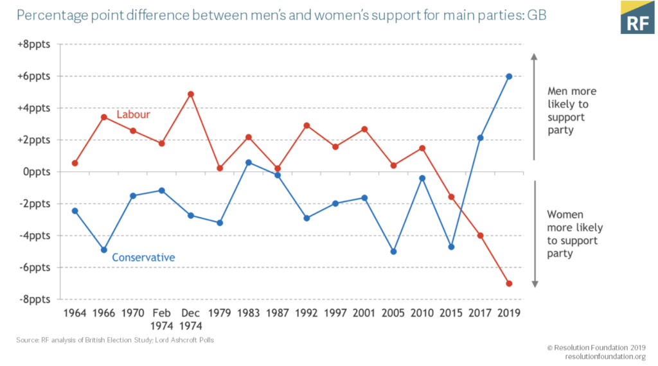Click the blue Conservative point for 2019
click(x=508, y=76)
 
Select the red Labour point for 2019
click(x=508, y=283)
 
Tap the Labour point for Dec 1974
click(x=191, y=94)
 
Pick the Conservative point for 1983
click(x=249, y=162)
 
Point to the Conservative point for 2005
click(x=393, y=252)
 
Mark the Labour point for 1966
click(x=103, y=117)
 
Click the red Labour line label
click(x=133, y=115)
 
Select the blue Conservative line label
click(x=143, y=257)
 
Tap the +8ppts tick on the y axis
click(x=33, y=44)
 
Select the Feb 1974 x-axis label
click(x=161, y=318)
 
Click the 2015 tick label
click(x=451, y=313)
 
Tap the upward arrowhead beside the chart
click(x=534, y=57)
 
